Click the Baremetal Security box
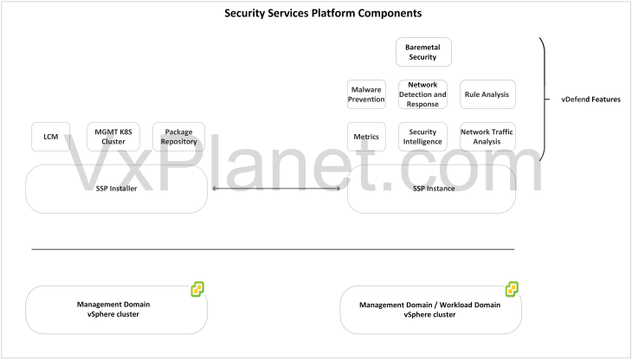coord(423,52)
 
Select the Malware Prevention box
coord(366,94)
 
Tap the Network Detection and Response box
coord(422,94)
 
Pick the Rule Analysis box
coord(487,94)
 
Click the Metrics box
coord(366,137)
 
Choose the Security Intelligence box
coord(422,137)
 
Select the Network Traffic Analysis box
coord(487,137)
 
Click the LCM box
coord(50,137)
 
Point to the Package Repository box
coord(178,137)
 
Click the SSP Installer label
coord(117,189)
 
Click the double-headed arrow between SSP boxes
coord(277,189)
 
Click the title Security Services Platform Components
coord(311,14)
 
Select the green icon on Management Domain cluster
coord(197,289)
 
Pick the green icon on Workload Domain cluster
coord(512,289)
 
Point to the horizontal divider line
coord(273,249)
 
